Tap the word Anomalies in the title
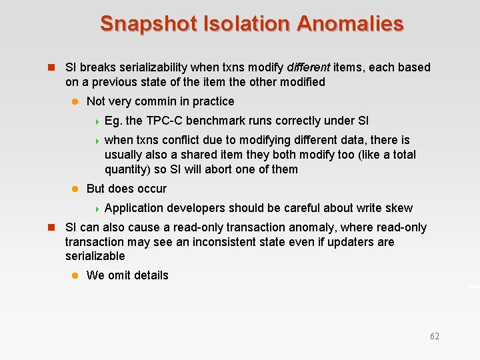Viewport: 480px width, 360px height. pyautogui.click(x=350, y=24)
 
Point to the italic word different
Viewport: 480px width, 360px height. pyautogui.click(x=309, y=67)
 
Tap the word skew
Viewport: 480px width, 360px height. pyautogui.click(x=400, y=208)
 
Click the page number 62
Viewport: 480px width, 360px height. pyautogui.click(x=435, y=337)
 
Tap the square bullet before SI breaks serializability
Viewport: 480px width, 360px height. pyautogui.click(x=49, y=67)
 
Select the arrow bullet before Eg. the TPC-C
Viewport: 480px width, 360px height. pyautogui.click(x=97, y=121)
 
